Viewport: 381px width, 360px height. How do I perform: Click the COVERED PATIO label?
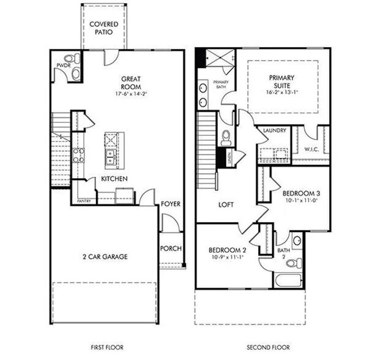tap(103, 28)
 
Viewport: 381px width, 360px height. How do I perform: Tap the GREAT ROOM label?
tap(131, 83)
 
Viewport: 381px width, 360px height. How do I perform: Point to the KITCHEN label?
tap(114, 178)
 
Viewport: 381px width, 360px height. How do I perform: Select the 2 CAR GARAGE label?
tap(105, 257)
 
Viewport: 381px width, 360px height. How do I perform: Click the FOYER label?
tap(171, 203)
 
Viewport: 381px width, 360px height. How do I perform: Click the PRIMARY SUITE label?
tap(281, 82)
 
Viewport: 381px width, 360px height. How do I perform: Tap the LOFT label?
tap(226, 206)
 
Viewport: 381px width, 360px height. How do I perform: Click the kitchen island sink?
tap(111, 157)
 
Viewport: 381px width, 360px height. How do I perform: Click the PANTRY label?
tap(84, 200)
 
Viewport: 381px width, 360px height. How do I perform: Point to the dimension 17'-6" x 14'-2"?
tap(131, 94)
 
